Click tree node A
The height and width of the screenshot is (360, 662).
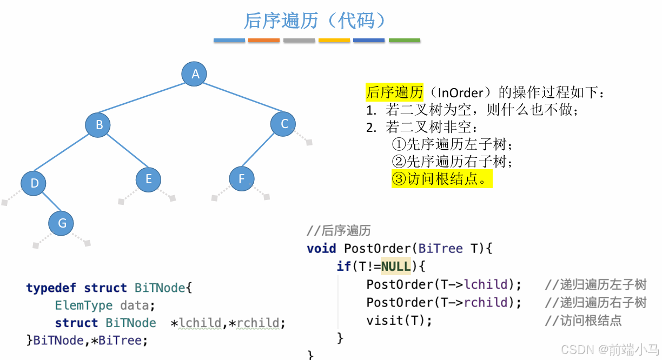tap(195, 74)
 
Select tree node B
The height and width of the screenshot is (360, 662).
tap(98, 125)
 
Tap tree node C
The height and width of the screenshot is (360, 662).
tap(284, 124)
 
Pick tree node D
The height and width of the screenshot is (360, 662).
tap(34, 183)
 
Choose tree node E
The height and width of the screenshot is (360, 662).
tap(148, 179)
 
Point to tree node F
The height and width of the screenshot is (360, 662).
tap(241, 179)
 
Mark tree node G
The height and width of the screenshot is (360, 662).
tap(62, 223)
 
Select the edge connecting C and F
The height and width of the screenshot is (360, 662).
tap(263, 151)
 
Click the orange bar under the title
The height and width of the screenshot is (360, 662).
tap(264, 41)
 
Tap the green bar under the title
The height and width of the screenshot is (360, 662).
tap(404, 41)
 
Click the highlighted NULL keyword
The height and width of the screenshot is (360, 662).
tap(396, 266)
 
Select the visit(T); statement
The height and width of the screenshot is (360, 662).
tap(399, 320)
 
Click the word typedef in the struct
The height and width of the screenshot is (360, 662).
tap(51, 288)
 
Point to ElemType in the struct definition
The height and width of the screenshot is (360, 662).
tap(84, 305)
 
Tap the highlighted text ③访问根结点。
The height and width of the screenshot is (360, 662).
tap(442, 179)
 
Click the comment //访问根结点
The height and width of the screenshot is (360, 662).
tap(583, 320)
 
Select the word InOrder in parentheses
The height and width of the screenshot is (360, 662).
tap(459, 92)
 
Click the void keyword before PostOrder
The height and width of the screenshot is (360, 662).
tap(321, 249)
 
